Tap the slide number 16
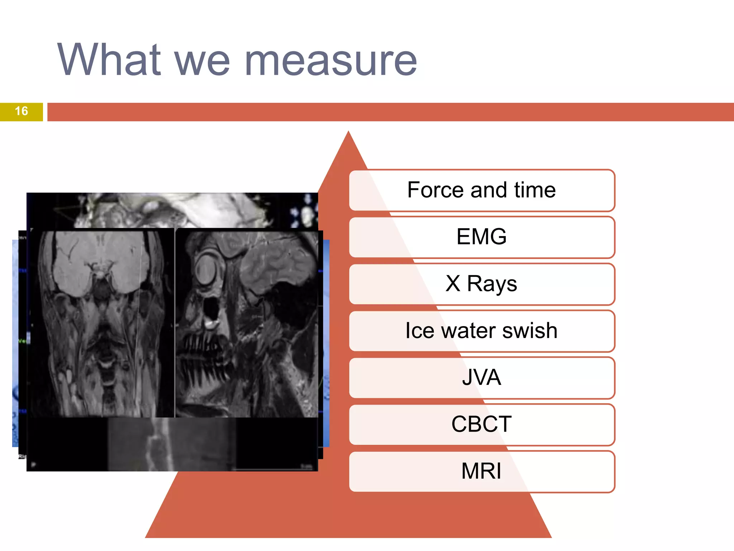pyautogui.click(x=22, y=111)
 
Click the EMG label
pyautogui.click(x=481, y=237)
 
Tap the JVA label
pyautogui.click(x=481, y=377)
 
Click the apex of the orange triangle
pyautogui.click(x=348, y=133)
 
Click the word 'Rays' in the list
pyautogui.click(x=492, y=284)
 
